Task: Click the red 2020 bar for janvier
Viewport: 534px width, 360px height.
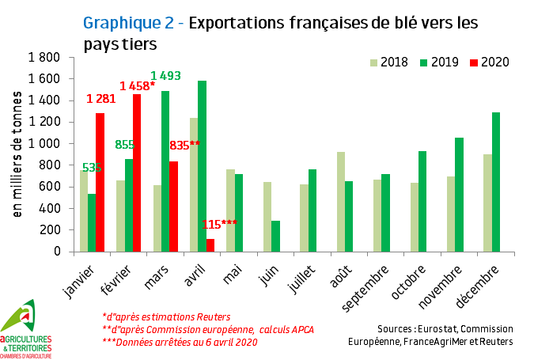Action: (100, 182)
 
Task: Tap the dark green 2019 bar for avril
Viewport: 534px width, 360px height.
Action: (201, 166)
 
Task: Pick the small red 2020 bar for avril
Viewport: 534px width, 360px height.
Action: (210, 245)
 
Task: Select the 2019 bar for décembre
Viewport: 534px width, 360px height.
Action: (496, 182)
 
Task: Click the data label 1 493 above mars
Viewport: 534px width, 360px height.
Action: (166, 76)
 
